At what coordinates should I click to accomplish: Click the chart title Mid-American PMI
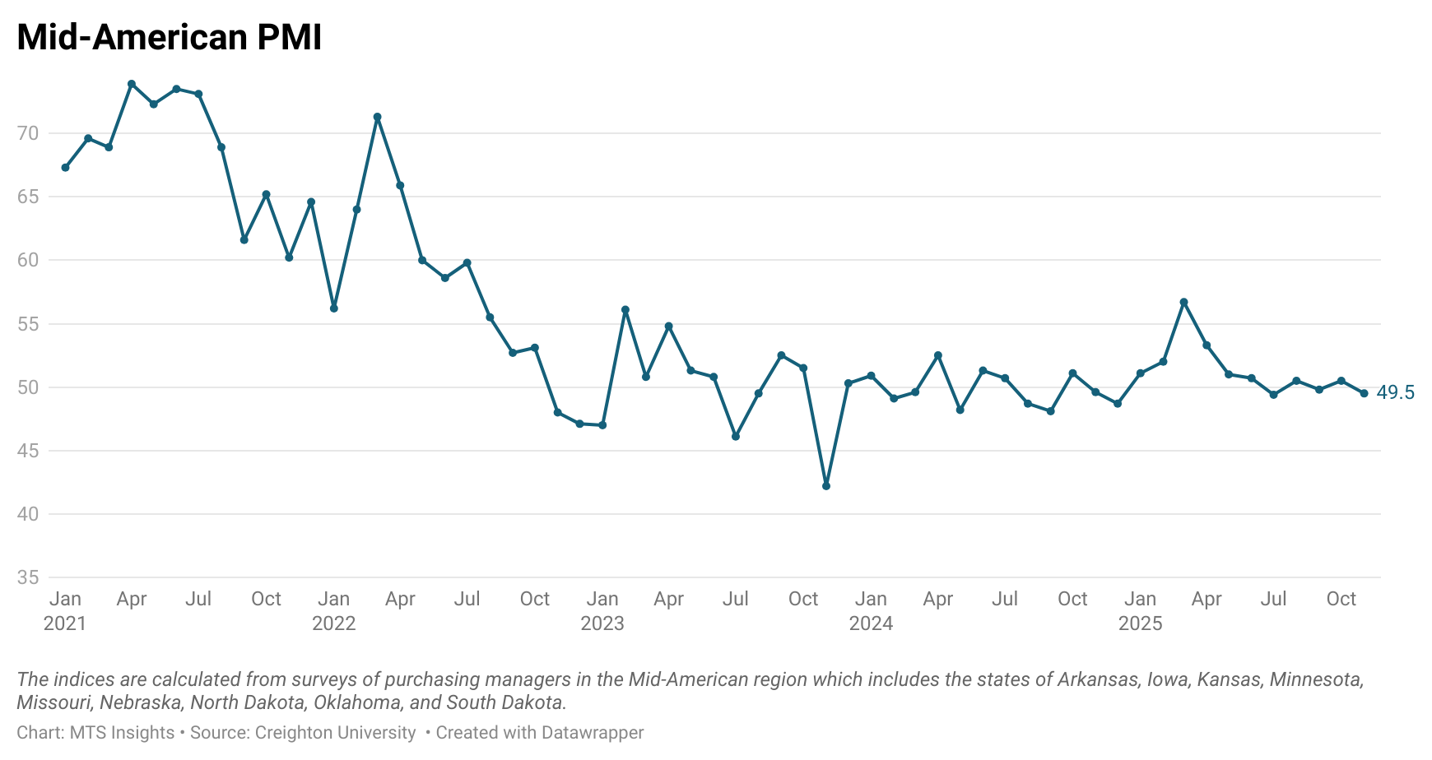coord(169,38)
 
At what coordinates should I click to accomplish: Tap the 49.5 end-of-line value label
coord(1395,393)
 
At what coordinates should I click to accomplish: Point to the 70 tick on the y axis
coord(28,133)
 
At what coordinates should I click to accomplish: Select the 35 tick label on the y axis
coord(28,577)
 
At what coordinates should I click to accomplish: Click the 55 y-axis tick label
coord(28,324)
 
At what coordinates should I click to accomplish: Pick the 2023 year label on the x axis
coord(602,623)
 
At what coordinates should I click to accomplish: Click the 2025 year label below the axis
coord(1140,623)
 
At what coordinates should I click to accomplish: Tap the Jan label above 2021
coord(65,599)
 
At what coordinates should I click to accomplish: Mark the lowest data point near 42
coord(826,486)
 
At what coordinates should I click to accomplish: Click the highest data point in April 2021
coord(132,84)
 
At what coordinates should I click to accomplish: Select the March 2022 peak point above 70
coord(378,117)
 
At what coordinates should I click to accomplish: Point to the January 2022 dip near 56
coord(334,308)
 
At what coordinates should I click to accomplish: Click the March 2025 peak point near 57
coord(1184,302)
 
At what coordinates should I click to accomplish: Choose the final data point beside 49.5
coord(1364,393)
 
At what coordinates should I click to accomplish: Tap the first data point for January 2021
coord(65,168)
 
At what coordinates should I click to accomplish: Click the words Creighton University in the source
coord(335,733)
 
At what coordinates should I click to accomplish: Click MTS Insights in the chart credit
coord(122,733)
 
